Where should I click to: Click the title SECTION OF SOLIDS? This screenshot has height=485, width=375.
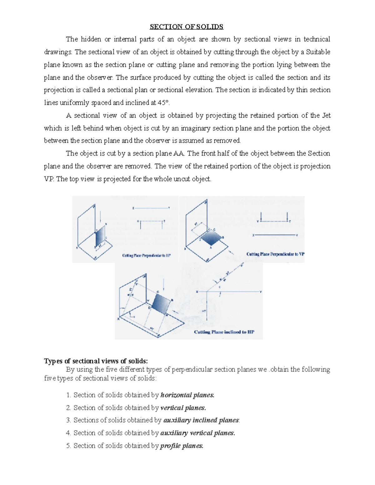point(187,27)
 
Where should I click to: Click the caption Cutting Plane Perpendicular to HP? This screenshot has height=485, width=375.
point(146,255)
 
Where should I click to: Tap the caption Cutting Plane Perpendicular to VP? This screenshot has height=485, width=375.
point(275,254)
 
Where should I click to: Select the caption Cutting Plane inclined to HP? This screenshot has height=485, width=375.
point(224,332)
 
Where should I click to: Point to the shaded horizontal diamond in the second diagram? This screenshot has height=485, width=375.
point(211,238)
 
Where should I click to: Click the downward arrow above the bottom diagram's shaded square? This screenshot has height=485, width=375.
point(163,284)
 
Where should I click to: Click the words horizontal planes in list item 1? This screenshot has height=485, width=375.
point(187,395)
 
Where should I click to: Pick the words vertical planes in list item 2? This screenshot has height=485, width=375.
point(183,408)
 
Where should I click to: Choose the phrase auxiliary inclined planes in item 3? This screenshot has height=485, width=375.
point(201,420)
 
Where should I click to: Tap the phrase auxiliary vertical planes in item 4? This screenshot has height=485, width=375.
point(197,433)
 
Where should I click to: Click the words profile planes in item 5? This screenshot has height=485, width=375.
point(182,446)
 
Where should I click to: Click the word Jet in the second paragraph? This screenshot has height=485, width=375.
point(326,116)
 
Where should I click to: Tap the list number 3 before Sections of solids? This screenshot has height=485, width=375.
point(68,420)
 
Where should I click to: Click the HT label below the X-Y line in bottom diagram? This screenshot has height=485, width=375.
point(204,311)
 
